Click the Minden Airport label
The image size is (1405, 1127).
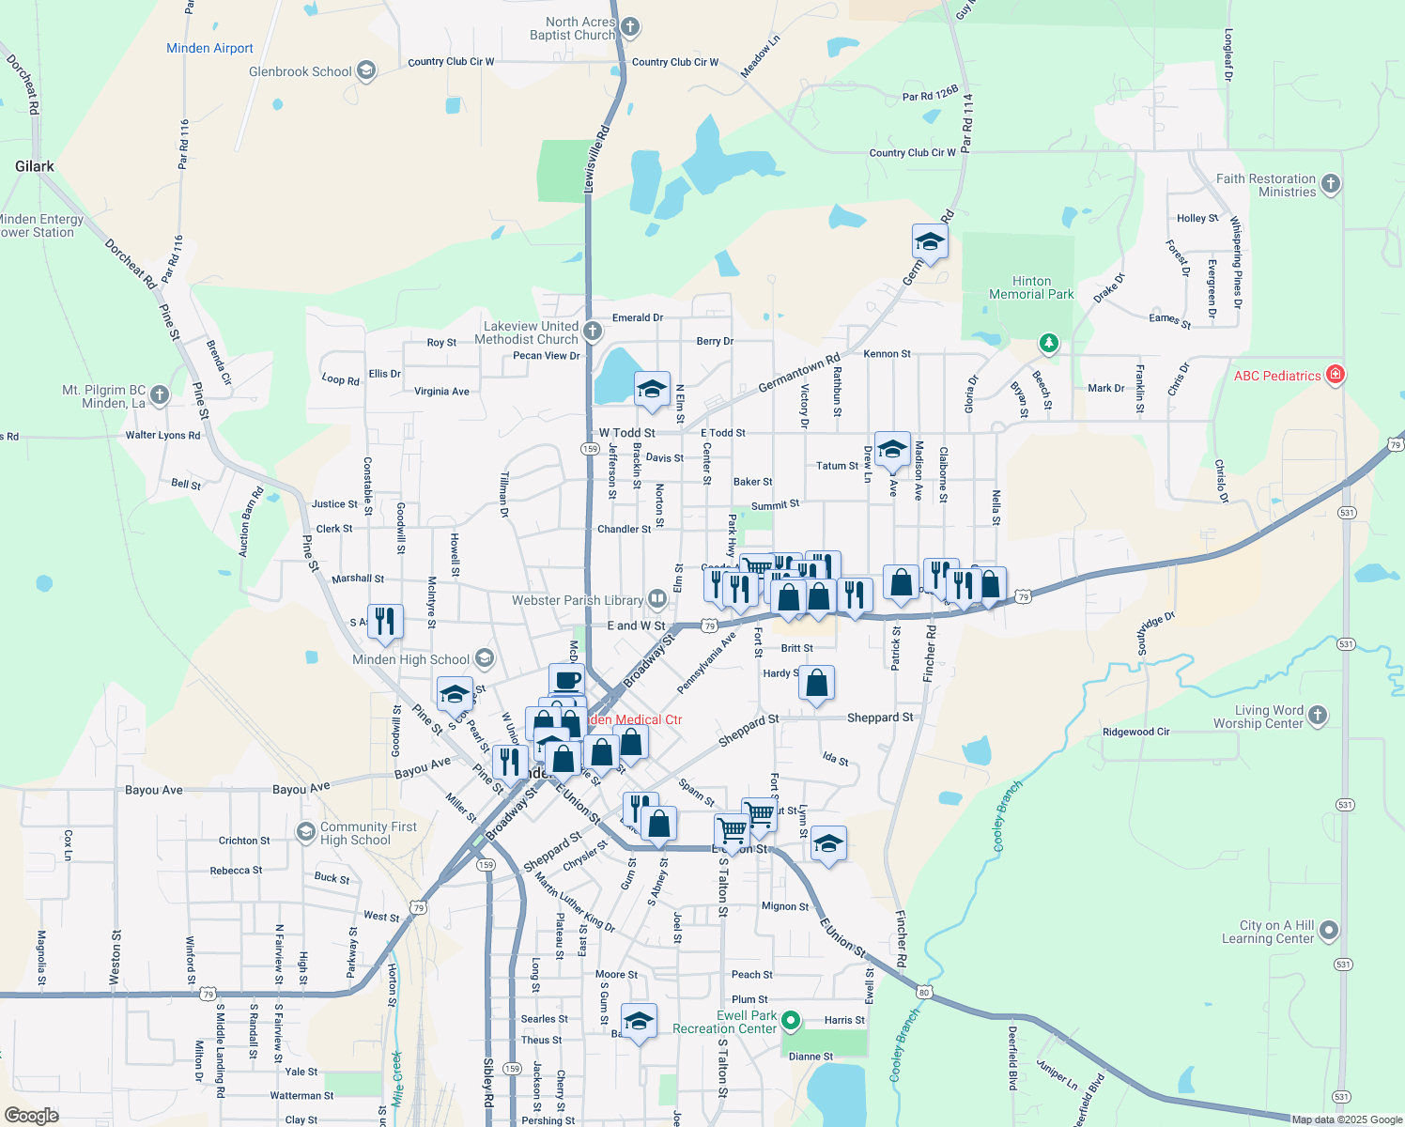(209, 48)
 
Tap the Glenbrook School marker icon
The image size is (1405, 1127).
(366, 70)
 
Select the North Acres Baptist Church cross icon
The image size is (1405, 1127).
(630, 27)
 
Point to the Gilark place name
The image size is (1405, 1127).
(35, 166)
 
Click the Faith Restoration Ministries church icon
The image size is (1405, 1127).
(1331, 184)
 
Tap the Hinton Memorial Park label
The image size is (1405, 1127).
(1031, 287)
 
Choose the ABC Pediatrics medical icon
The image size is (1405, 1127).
(1335, 375)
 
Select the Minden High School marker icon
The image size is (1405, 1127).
(485, 658)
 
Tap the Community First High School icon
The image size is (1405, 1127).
(305, 832)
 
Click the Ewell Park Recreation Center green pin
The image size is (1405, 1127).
(791, 1021)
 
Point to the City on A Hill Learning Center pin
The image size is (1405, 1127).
(1328, 931)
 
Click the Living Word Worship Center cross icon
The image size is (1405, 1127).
(1318, 716)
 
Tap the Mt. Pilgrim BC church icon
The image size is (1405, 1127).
(160, 395)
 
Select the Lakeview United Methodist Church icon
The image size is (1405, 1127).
(593, 331)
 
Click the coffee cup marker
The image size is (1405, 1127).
(566, 680)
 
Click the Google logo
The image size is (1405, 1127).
(32, 1115)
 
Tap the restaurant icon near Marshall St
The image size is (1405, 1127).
(385, 621)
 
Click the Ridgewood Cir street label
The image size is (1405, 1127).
(1135, 732)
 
